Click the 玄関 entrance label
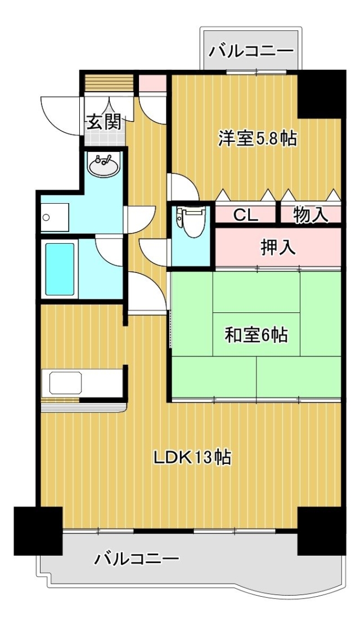click(x=104, y=123)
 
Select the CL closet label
click(x=245, y=216)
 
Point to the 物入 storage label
click(x=311, y=216)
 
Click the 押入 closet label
click(x=278, y=248)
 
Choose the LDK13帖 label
click(x=193, y=458)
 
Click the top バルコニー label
click(x=251, y=51)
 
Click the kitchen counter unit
click(x=82, y=384)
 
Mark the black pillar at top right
click(x=322, y=94)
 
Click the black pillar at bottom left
click(x=38, y=531)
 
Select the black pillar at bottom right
click(x=322, y=531)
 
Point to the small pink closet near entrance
click(x=152, y=83)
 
